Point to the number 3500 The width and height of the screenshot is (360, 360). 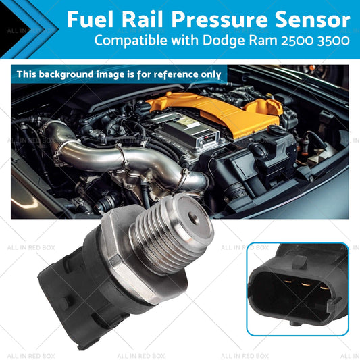tap(334, 41)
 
